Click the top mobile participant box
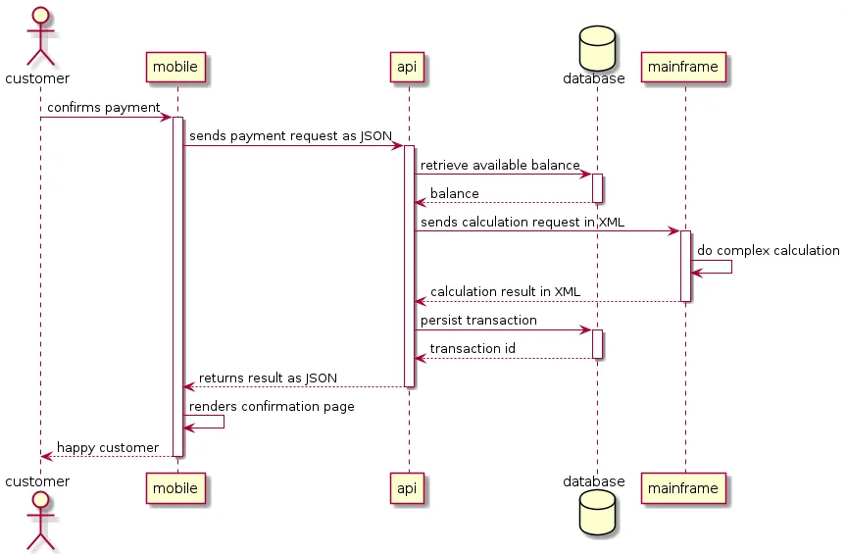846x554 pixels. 176,68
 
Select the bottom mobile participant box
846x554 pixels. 176,487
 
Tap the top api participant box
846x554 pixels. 408,68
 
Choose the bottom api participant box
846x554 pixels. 408,487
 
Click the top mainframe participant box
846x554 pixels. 684,68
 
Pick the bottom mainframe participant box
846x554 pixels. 684,487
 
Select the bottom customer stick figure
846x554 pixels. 37,520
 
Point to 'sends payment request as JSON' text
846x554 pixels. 290,135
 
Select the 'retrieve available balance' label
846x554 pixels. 500,165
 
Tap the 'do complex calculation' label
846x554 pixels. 769,250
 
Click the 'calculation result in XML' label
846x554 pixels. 505,291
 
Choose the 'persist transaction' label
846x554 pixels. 478,320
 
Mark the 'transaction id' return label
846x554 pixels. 473,348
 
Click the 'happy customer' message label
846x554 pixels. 108,447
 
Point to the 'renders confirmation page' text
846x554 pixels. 272,406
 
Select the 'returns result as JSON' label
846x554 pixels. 268,378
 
